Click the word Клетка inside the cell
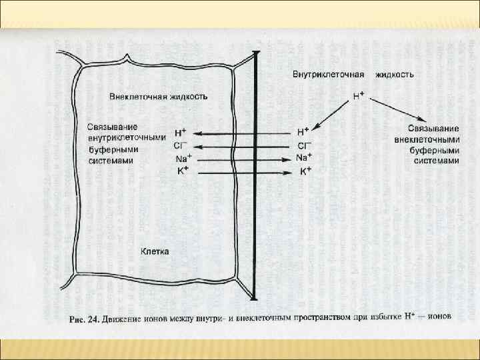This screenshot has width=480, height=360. pyautogui.click(x=155, y=251)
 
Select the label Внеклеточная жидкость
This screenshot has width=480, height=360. pyautogui.click(x=159, y=96)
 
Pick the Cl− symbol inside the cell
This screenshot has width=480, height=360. pyautogui.click(x=181, y=146)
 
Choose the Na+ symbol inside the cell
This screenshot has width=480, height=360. pyautogui.click(x=182, y=159)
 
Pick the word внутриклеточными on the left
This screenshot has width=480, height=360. pyautogui.click(x=126, y=138)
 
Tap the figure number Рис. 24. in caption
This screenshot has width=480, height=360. pyautogui.click(x=85, y=319)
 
